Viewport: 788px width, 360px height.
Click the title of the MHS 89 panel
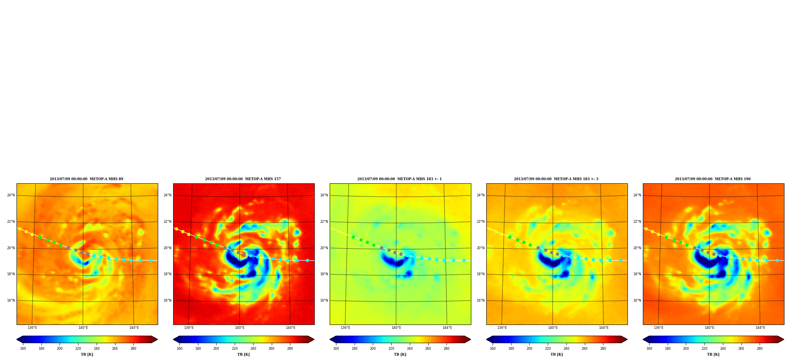pyautogui.click(x=86, y=179)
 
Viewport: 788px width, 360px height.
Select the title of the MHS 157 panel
pyautogui.click(x=243, y=179)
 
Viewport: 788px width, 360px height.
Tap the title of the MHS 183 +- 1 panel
pyautogui.click(x=400, y=179)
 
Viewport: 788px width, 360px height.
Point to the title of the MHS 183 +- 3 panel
pyautogui.click(x=556, y=179)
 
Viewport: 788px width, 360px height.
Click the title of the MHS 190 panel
pyautogui.click(x=713, y=179)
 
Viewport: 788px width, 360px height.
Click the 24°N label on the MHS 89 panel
pyautogui.click(x=11, y=195)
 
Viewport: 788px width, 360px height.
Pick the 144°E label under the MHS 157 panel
pyautogui.click(x=291, y=328)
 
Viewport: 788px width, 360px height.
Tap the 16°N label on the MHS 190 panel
pyautogui.click(x=637, y=300)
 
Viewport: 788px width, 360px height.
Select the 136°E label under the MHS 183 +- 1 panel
pyautogui.click(x=345, y=328)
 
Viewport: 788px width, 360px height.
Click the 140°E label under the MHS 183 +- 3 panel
pyautogui.click(x=553, y=328)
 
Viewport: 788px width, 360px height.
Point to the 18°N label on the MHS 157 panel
pyautogui.click(x=168, y=274)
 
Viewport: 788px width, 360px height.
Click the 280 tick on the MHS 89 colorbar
pyautogui.click(x=133, y=349)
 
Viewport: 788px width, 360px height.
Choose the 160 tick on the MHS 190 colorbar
pyautogui.click(x=649, y=349)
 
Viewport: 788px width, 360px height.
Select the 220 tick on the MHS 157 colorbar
pyautogui.click(x=235, y=349)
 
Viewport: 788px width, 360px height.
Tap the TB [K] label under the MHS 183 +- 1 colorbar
pyautogui.click(x=400, y=354)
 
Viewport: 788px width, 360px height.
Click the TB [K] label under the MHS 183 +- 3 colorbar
pyautogui.click(x=556, y=354)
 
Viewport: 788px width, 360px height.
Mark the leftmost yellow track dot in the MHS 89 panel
pyautogui.click(x=20, y=229)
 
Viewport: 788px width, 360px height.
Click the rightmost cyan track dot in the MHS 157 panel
pyautogui.click(x=307, y=260)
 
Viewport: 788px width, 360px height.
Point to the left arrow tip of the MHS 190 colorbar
pyautogui.click(x=643, y=339)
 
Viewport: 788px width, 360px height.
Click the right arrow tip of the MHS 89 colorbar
pyautogui.click(x=157, y=339)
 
